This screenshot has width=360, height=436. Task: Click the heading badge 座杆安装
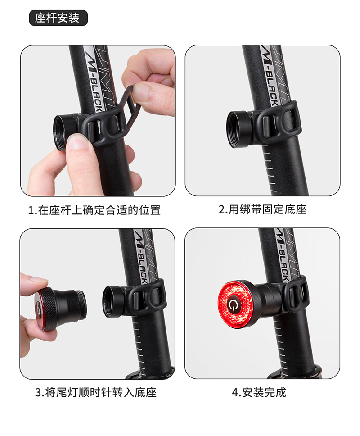[58, 18]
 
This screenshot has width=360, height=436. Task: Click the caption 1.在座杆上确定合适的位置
[94, 210]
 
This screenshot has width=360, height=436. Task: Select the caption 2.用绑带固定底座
[262, 210]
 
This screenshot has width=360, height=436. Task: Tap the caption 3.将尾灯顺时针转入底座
[96, 392]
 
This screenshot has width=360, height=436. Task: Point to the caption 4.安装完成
[259, 392]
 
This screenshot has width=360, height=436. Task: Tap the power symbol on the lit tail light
[234, 306]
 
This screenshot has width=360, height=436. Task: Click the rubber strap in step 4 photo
[297, 295]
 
